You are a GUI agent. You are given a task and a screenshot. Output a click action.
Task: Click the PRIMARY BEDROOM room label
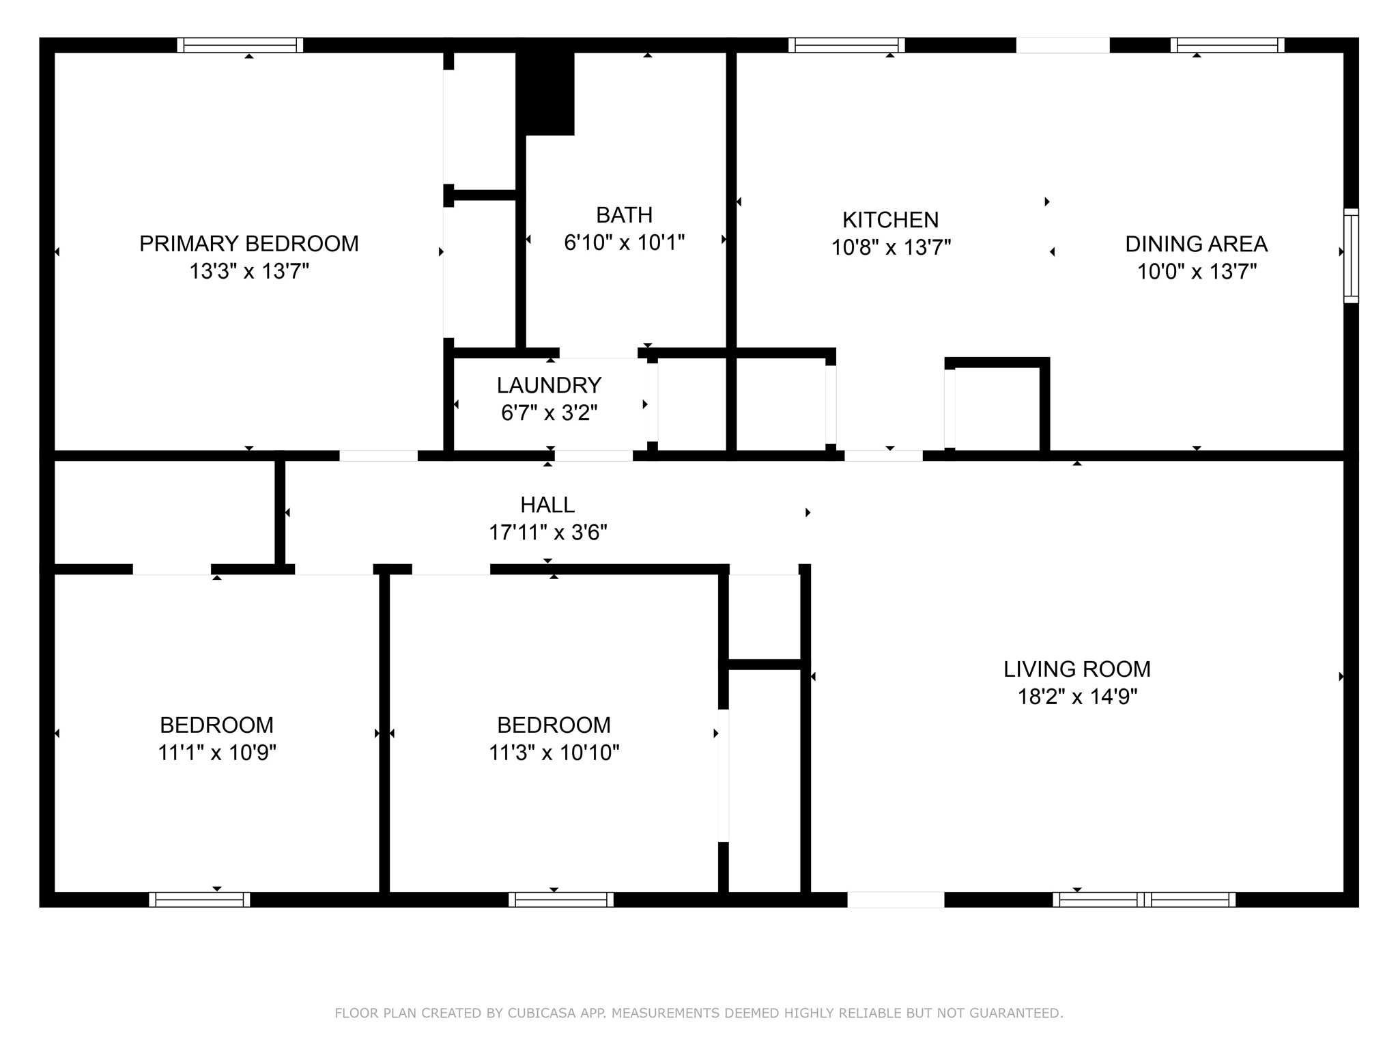[248, 244]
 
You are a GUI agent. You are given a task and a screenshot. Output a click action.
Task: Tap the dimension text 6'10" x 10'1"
[624, 242]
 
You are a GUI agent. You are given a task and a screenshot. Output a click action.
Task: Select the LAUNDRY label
[549, 385]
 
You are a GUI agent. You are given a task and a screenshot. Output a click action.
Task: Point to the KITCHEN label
[890, 220]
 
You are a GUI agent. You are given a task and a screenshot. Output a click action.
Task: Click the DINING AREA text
[1196, 244]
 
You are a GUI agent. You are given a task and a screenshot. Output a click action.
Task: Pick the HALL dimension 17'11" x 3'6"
[547, 533]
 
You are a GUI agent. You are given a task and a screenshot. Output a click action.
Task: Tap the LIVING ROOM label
[1076, 669]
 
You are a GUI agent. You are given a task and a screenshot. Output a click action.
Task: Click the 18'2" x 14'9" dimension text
[1076, 697]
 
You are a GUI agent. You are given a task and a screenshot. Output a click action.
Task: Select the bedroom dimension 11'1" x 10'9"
[216, 753]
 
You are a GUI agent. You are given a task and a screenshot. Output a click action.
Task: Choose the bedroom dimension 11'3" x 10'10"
[554, 753]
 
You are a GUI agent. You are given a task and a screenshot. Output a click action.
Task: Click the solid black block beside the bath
[545, 92]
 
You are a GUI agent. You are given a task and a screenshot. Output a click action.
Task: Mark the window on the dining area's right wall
[1351, 255]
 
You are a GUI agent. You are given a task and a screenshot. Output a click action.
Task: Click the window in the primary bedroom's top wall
[240, 45]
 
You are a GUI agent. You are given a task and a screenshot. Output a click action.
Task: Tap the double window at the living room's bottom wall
[1144, 899]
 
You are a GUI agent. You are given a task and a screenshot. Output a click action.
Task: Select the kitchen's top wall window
[846, 45]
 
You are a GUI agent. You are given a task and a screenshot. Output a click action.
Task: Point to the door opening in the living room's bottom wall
[896, 899]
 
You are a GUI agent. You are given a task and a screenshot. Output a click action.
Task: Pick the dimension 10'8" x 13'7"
[890, 247]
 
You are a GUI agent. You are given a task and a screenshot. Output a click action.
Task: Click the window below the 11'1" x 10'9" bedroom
[199, 899]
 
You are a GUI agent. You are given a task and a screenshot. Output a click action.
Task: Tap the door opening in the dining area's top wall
[1062, 45]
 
